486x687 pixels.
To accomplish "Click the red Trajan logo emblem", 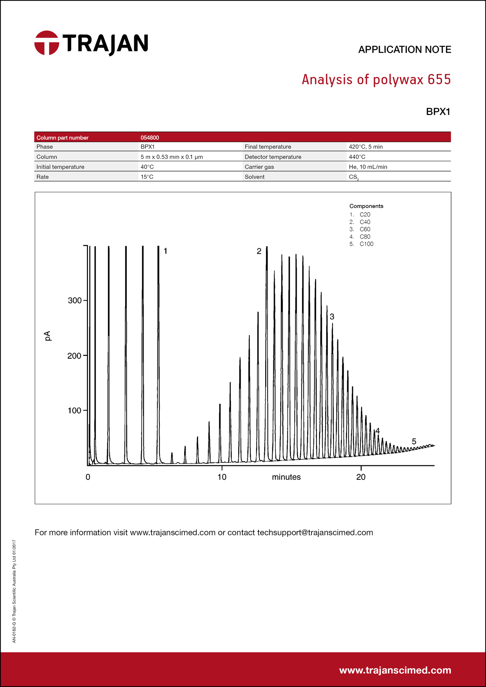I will pyautogui.click(x=47, y=43).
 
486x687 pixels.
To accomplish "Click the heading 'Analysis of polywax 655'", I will pyautogui.click(x=376, y=80).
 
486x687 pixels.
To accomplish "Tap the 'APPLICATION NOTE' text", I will pyautogui.click(x=404, y=50).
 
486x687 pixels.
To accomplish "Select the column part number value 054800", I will pyautogui.click(x=150, y=138).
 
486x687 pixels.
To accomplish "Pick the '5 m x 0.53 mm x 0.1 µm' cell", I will pyautogui.click(x=172, y=157).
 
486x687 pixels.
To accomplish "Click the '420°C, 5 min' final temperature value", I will pyautogui.click(x=366, y=147).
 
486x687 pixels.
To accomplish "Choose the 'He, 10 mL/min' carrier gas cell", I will pyautogui.click(x=368, y=167).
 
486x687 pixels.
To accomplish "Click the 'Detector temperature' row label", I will pyautogui.click(x=273, y=157).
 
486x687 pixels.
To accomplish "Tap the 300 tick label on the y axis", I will pyautogui.click(x=75, y=301).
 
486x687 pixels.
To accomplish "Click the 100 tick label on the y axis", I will pyautogui.click(x=75, y=411).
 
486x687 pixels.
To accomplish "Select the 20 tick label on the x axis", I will pyautogui.click(x=361, y=477).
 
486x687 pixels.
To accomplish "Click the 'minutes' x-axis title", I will pyautogui.click(x=286, y=477).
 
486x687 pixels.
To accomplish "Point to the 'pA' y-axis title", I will pyautogui.click(x=48, y=336).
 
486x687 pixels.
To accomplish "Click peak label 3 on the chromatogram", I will pyautogui.click(x=332, y=316).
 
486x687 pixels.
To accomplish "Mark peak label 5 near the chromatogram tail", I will pyautogui.click(x=414, y=441).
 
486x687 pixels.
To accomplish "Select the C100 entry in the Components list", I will pyautogui.click(x=366, y=244).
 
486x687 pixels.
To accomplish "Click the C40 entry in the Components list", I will pyautogui.click(x=365, y=222).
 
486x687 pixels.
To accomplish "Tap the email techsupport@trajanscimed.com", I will pyautogui.click(x=315, y=532).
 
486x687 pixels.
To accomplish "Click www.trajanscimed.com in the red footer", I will pyautogui.click(x=395, y=670).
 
